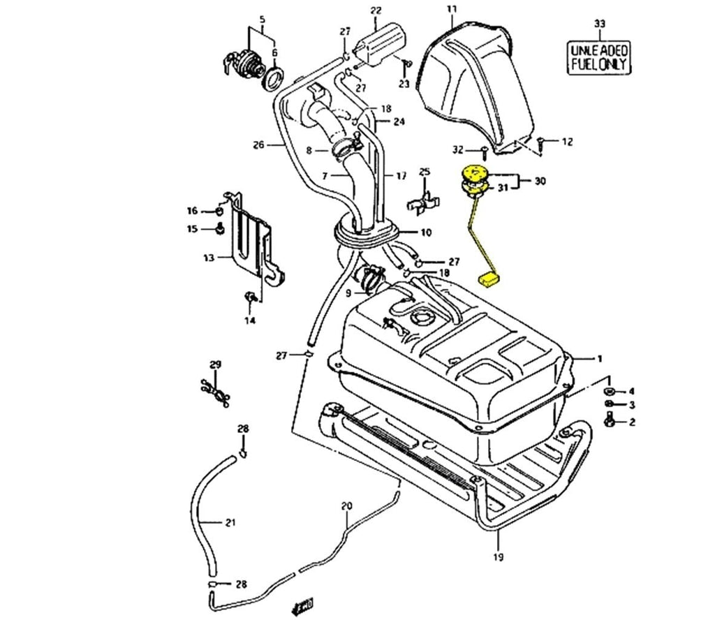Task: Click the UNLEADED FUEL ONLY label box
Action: (599, 57)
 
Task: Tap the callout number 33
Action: (599, 24)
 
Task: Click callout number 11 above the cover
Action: (451, 9)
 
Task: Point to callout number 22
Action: (376, 10)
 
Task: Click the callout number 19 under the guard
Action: (498, 556)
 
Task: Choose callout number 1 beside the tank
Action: (598, 359)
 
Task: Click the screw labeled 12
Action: (543, 142)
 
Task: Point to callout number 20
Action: (347, 505)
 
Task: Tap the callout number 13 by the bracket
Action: (208, 258)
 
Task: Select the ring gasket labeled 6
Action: (273, 77)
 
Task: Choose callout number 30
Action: (540, 181)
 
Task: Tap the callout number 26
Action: (258, 145)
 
